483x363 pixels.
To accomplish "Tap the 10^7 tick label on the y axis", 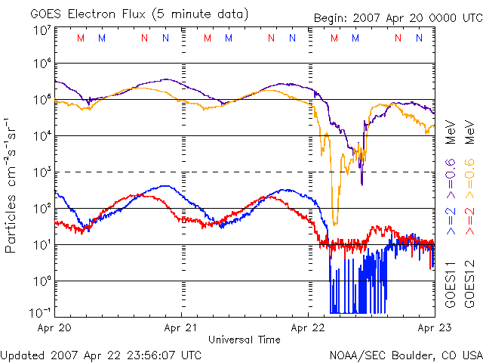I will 42,31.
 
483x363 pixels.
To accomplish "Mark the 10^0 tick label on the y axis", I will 42,281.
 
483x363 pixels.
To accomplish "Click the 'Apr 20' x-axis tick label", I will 54,328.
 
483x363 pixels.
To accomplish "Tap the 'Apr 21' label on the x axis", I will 182,328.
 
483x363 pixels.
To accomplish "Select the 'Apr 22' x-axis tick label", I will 308,328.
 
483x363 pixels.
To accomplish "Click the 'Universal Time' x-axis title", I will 245,340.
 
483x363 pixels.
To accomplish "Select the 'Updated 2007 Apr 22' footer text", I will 101,354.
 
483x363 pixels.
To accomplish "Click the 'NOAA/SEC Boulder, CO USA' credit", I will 405,354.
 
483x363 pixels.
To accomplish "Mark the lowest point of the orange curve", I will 335,225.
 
